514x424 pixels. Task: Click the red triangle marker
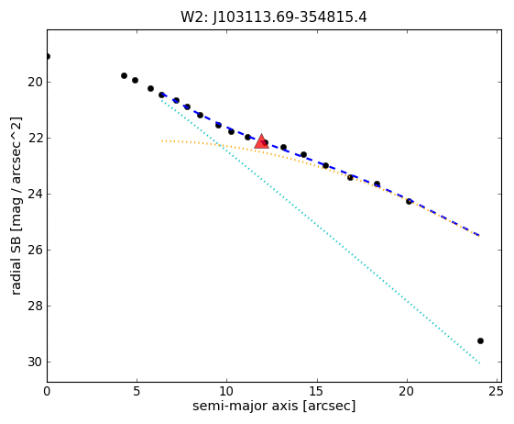pyautogui.click(x=261, y=141)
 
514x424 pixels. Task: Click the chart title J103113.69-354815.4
pyautogui.click(x=290, y=17)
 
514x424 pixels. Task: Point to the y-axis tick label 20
pyautogui.click(x=35, y=82)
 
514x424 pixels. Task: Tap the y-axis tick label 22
pyautogui.click(x=35, y=138)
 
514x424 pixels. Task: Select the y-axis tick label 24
pyautogui.click(x=35, y=194)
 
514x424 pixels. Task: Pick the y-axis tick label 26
pyautogui.click(x=35, y=250)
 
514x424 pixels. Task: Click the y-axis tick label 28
pyautogui.click(x=35, y=307)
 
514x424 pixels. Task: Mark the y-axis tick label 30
pyautogui.click(x=35, y=362)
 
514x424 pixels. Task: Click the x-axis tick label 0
pyautogui.click(x=48, y=391)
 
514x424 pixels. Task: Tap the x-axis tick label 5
pyautogui.click(x=137, y=391)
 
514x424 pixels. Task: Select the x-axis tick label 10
pyautogui.click(x=227, y=391)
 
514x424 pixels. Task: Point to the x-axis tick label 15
pyautogui.click(x=317, y=391)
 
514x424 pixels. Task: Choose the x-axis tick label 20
pyautogui.click(x=407, y=391)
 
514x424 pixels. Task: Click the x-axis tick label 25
pyautogui.click(x=495, y=391)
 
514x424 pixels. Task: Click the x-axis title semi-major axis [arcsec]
pyautogui.click(x=274, y=406)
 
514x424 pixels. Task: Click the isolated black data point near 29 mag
pyautogui.click(x=481, y=340)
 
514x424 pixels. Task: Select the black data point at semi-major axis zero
pyautogui.click(x=48, y=57)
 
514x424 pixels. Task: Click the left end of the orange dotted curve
pyautogui.click(x=161, y=141)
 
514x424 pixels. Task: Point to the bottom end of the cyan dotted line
pyautogui.click(x=479, y=363)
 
